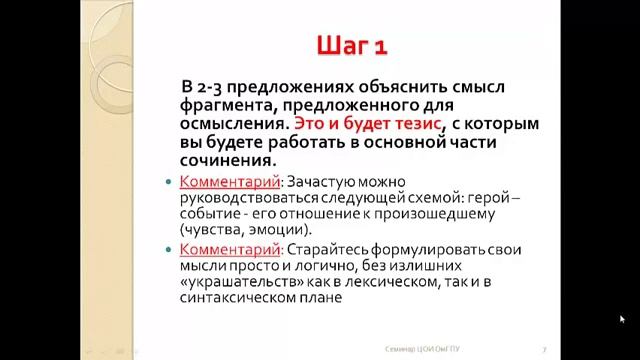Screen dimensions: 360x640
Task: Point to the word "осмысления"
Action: click(x=236, y=123)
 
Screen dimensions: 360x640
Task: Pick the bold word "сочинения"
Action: click(x=226, y=160)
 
